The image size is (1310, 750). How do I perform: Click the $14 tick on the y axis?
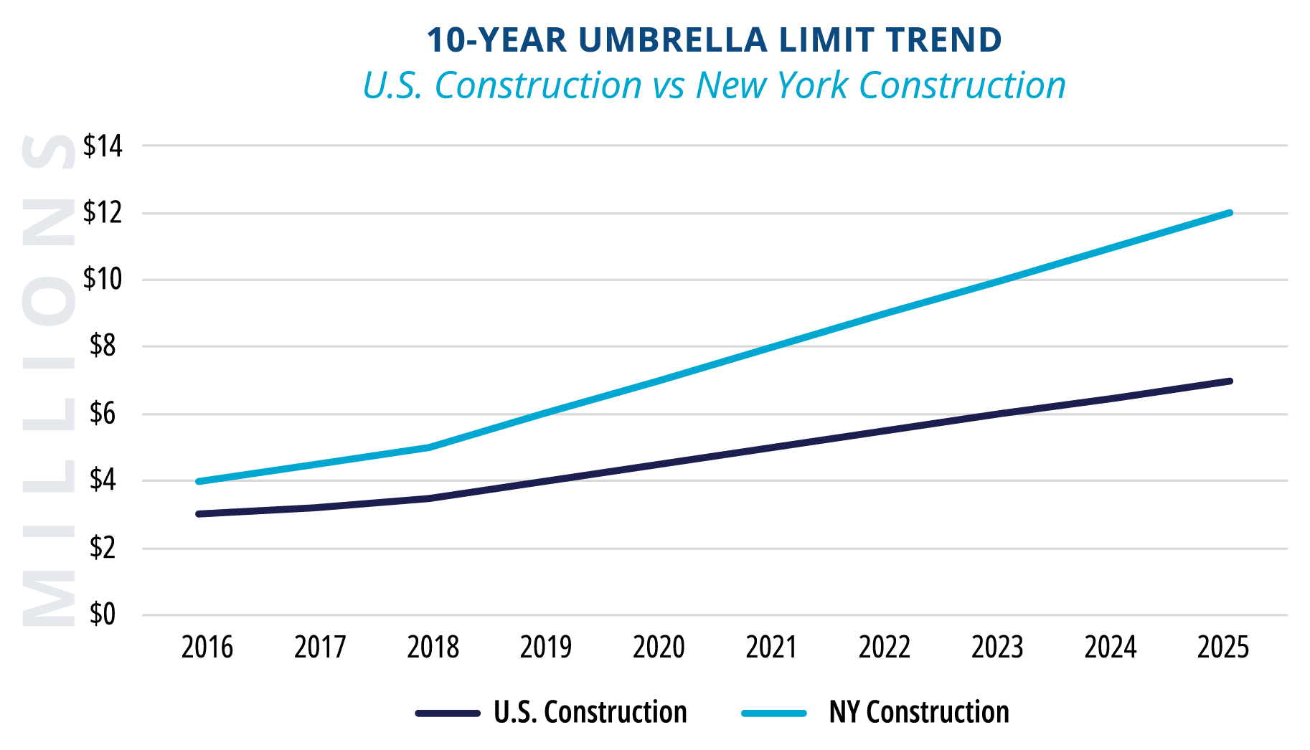[x=103, y=146]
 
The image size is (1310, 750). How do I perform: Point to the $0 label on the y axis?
[x=103, y=614]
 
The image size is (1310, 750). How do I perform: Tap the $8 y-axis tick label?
[x=103, y=346]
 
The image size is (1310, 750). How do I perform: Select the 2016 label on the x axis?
[x=207, y=647]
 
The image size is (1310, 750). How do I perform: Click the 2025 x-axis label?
[x=1222, y=647]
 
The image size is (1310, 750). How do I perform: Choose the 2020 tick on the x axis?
[x=659, y=647]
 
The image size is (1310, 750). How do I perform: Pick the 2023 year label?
[x=997, y=647]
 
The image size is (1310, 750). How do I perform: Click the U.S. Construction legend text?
[x=590, y=712]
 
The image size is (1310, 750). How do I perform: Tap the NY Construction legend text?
[x=918, y=712]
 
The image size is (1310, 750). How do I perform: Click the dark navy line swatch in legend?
[x=448, y=713]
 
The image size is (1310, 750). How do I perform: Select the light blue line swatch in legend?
[x=774, y=713]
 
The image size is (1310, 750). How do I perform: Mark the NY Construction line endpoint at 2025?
[x=1230, y=213]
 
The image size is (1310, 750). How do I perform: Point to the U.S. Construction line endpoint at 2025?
[x=1230, y=381]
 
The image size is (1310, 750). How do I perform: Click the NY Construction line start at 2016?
[x=198, y=481]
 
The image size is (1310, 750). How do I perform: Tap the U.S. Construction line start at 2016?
[x=198, y=514]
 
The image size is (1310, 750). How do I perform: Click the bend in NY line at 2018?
[x=428, y=447]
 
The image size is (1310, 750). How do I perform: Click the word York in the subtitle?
[x=814, y=85]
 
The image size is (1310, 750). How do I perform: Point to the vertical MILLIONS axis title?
[x=48, y=380]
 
